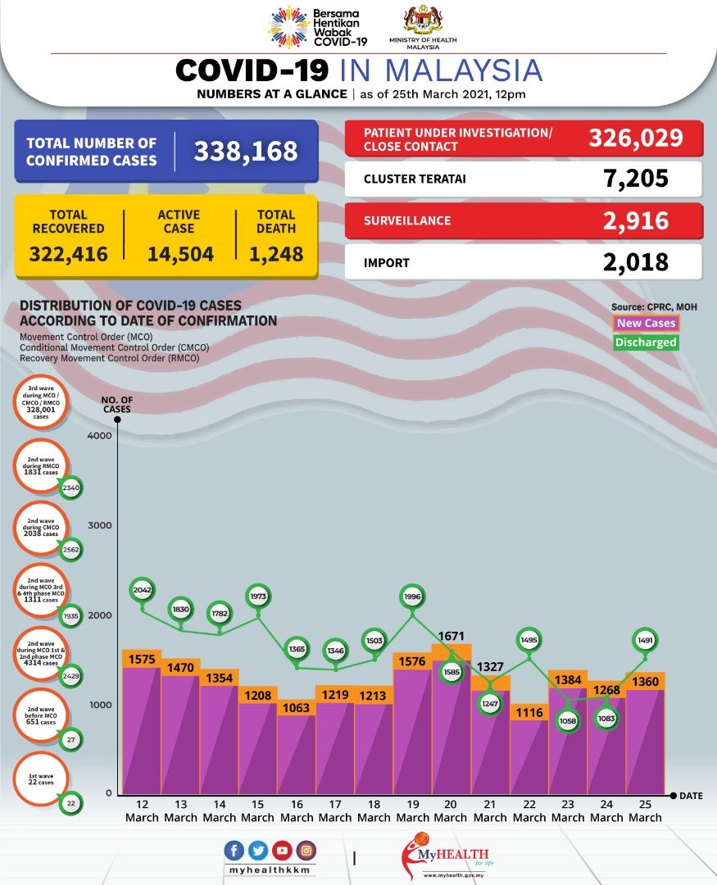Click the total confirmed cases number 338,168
pos(245,151)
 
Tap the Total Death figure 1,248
pos(275,253)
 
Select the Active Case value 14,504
pos(180,253)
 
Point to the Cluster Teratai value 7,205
pos(635,178)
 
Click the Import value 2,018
pos(635,262)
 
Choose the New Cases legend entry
pos(647,324)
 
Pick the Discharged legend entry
pos(647,343)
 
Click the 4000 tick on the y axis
pos(98,436)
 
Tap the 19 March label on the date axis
pos(412,810)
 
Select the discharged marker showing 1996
pos(412,597)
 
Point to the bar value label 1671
pos(452,636)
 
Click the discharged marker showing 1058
pos(568,720)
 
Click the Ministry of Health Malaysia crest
pos(423,21)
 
